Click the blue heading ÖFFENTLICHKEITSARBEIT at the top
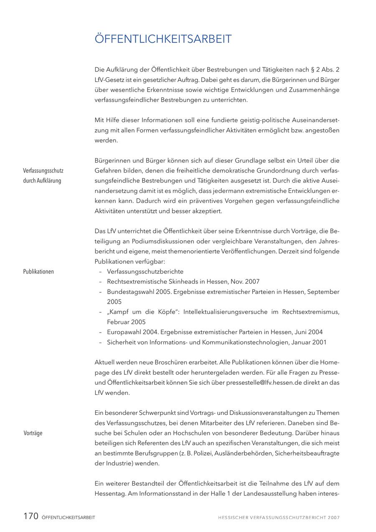163,39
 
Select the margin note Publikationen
38,271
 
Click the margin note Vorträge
33,433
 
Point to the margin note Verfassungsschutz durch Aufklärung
43,176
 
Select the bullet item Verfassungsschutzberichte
145,271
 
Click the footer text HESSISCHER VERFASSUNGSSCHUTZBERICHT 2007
279,517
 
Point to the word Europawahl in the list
124,332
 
